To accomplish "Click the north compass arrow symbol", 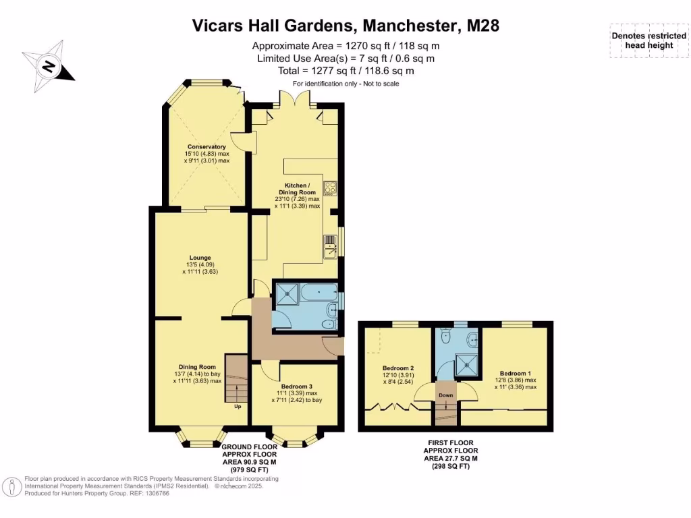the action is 48,67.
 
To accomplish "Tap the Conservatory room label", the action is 206,146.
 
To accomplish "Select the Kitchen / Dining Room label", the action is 297,189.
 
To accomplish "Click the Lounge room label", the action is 200,258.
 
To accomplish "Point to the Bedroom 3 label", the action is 297,386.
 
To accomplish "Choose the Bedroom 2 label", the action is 398,368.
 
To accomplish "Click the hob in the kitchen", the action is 330,189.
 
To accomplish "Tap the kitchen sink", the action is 331,247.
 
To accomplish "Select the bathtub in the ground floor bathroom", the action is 319,293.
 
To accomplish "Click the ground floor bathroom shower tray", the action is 287,293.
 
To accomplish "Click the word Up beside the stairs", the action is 238,407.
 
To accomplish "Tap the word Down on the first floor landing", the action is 445,395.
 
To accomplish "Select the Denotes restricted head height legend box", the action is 649,40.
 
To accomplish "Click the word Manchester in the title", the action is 410,26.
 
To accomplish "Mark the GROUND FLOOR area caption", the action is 250,459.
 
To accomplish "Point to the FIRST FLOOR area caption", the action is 450,454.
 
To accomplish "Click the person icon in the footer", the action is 12,487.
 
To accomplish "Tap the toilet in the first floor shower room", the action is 445,336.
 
